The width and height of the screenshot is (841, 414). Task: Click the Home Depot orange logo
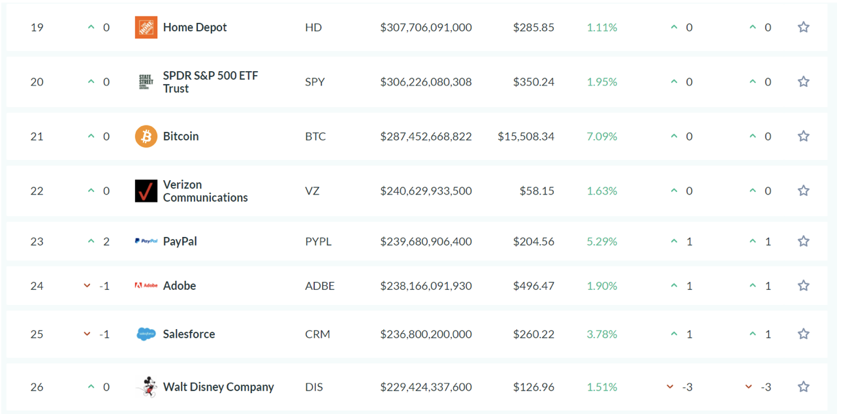146,27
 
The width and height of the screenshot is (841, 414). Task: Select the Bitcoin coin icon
146,136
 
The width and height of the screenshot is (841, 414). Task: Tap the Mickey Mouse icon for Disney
146,387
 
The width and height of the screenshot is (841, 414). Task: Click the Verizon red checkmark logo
146,191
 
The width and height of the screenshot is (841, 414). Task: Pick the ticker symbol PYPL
318,242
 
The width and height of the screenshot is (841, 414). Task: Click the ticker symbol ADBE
319,286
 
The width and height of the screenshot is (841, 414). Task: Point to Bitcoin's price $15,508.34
526,136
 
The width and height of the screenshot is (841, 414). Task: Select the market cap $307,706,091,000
426,27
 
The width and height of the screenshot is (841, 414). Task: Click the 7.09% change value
601,136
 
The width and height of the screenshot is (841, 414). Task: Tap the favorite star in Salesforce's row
803,334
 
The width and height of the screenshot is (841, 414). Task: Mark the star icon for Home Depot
803,27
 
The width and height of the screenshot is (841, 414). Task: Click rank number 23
37,242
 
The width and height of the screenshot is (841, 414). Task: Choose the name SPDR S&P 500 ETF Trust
210,82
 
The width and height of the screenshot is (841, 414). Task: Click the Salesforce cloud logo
146,334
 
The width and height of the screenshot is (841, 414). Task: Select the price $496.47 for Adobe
533,286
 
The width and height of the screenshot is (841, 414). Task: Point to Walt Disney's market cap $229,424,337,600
426,387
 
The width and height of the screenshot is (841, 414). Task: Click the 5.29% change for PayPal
601,242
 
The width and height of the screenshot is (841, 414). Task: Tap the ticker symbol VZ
312,191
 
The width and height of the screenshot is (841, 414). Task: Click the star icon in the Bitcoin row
803,136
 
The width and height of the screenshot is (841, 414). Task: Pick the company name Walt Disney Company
218,387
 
